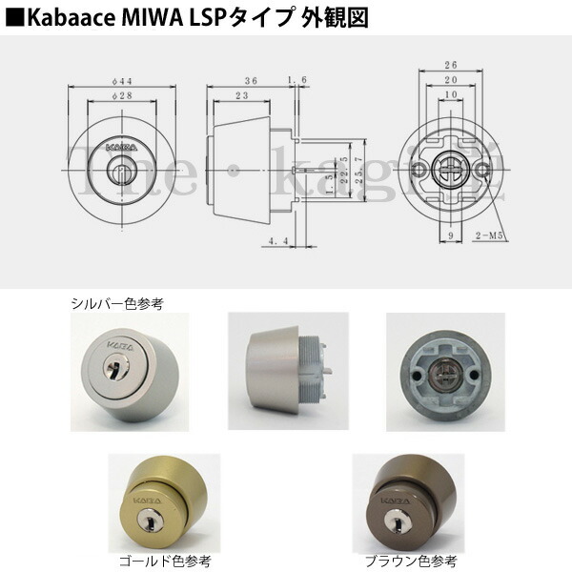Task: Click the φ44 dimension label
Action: pyautogui.click(x=120, y=81)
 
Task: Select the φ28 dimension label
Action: pyautogui.click(x=120, y=96)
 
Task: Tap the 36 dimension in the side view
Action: pyautogui.click(x=252, y=81)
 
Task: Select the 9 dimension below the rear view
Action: pyautogui.click(x=446, y=234)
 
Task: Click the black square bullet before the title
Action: pyautogui.click(x=12, y=16)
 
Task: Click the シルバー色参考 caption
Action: pyautogui.click(x=117, y=303)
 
